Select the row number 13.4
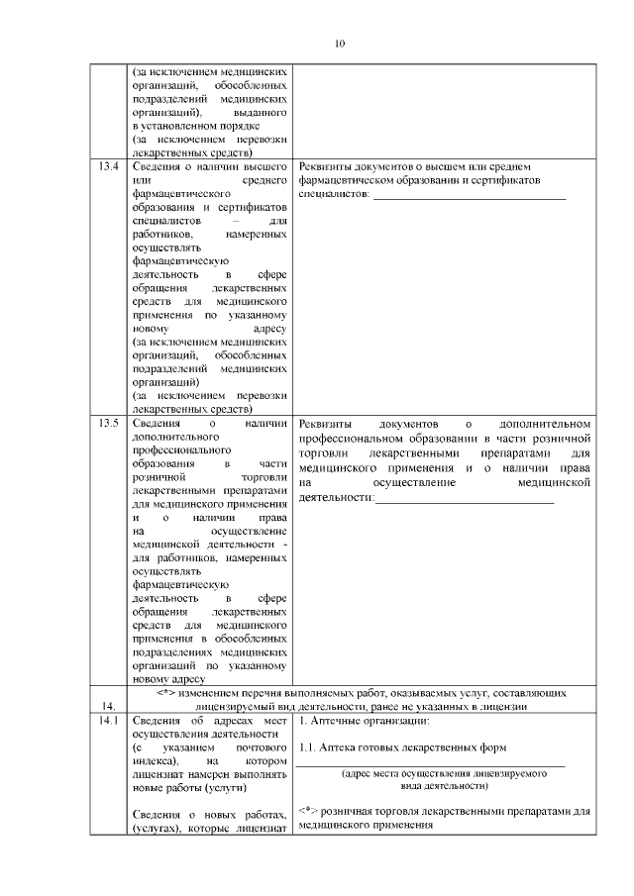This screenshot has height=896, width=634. click(x=108, y=166)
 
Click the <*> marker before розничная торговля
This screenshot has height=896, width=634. click(x=307, y=811)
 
